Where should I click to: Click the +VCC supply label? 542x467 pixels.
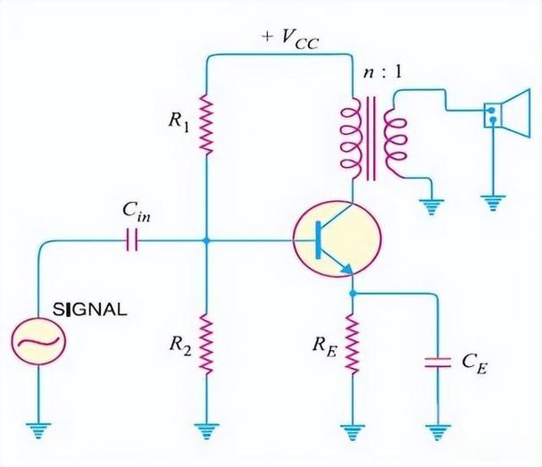[290, 40]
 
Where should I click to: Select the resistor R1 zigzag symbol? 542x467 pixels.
[206, 124]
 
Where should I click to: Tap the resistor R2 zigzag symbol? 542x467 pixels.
[206, 344]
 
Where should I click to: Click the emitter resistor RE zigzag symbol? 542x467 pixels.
[353, 344]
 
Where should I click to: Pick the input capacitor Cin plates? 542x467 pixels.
[131, 240]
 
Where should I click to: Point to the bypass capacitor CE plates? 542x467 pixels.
[438, 363]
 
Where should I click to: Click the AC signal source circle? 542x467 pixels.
[38, 341]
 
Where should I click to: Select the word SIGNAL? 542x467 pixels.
[90, 309]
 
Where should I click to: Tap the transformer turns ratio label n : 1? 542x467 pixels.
[383, 73]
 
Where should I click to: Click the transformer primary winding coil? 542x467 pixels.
[351, 138]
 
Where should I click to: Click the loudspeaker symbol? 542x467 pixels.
[507, 113]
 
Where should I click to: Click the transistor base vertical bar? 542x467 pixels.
[319, 240]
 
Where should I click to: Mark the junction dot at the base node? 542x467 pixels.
[206, 240]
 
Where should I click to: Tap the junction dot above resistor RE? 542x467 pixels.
[353, 294]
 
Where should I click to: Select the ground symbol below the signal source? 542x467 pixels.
[38, 430]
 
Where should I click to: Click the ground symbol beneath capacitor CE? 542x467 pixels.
[438, 432]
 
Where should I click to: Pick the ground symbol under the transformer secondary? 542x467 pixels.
[431, 206]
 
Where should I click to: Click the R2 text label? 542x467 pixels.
[179, 345]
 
